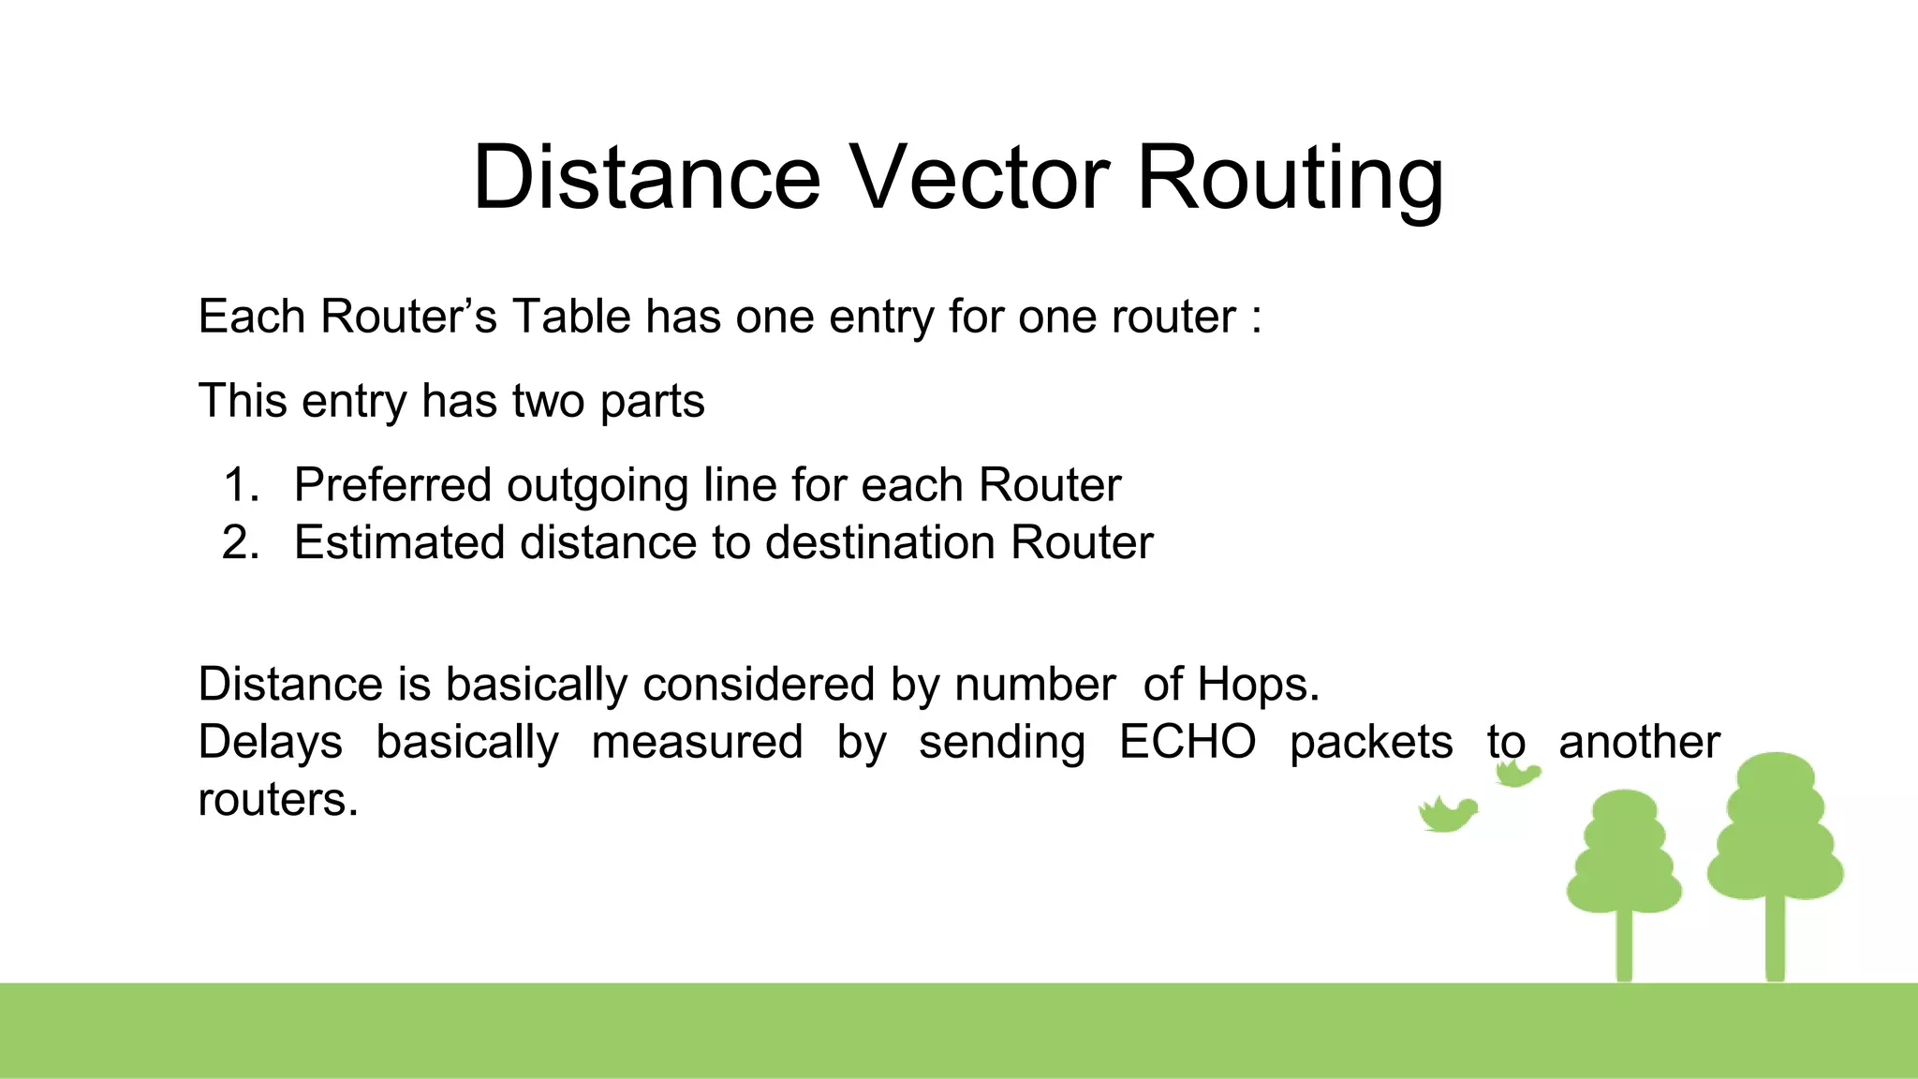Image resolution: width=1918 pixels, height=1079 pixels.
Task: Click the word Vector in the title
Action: pyautogui.click(x=980, y=177)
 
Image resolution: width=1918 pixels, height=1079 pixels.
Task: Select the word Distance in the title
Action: pyautogui.click(x=646, y=177)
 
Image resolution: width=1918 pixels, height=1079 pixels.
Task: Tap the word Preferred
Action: pyautogui.click(x=392, y=486)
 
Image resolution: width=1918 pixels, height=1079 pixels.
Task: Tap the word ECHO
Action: pyautogui.click(x=1187, y=742)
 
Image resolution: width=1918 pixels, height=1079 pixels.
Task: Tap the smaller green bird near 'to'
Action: pyautogui.click(x=1516, y=774)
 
